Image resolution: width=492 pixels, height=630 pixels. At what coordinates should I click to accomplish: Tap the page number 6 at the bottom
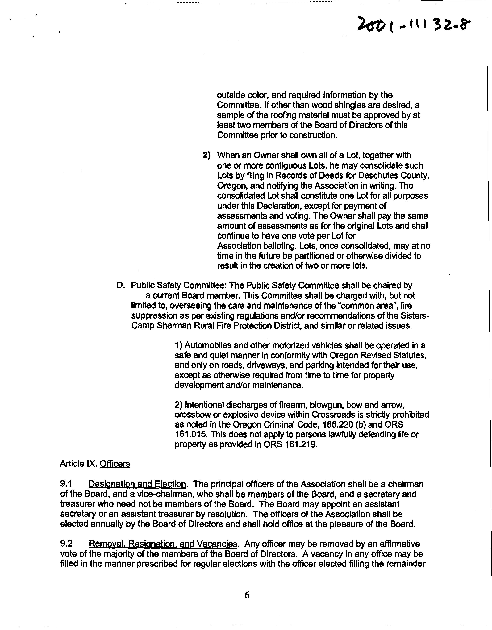pyautogui.click(x=247, y=595)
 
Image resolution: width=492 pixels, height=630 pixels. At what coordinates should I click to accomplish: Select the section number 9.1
pyautogui.click(x=66, y=484)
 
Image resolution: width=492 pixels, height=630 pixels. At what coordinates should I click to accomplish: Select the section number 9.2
pyautogui.click(x=66, y=544)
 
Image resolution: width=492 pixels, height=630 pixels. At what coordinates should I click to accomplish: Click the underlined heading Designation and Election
pyautogui.click(x=137, y=484)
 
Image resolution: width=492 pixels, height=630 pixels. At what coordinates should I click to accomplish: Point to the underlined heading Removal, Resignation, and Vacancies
pyautogui.click(x=163, y=544)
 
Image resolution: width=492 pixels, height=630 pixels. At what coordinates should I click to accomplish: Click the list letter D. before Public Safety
pyautogui.click(x=121, y=285)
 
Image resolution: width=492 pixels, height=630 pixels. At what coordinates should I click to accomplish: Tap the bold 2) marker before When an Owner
pyautogui.click(x=206, y=155)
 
